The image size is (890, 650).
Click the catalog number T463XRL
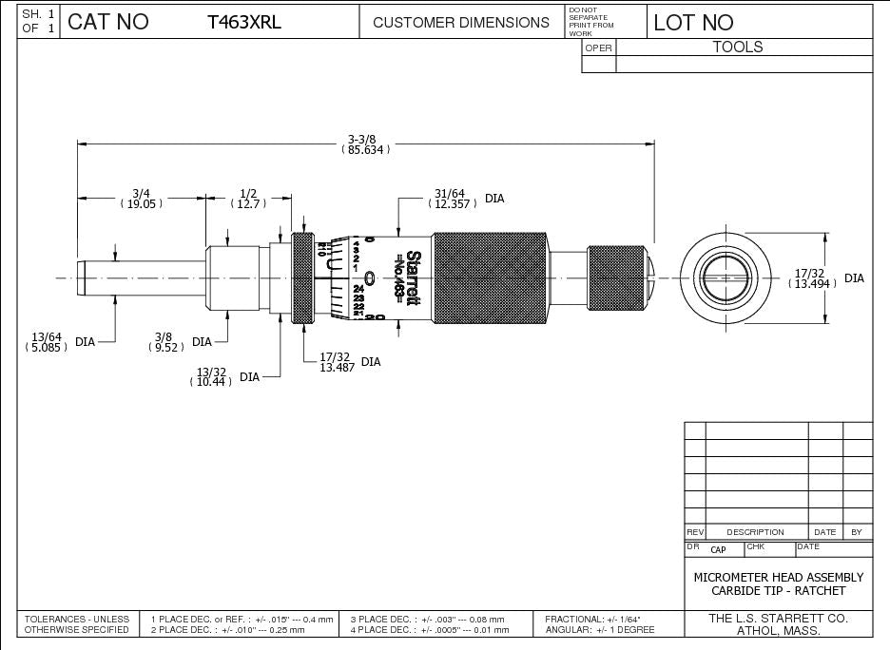click(x=244, y=23)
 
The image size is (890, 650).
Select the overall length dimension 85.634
click(x=366, y=150)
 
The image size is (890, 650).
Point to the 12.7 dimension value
click(x=248, y=204)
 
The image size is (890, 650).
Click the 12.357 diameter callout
click(x=454, y=204)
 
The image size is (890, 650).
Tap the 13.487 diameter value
click(x=337, y=368)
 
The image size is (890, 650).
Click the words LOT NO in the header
click(x=693, y=23)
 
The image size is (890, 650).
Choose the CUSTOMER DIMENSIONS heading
click(x=461, y=23)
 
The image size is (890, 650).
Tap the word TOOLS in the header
click(x=738, y=47)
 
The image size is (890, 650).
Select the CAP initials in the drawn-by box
click(x=718, y=549)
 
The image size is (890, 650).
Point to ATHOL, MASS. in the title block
click(x=779, y=630)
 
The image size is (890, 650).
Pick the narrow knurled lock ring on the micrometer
click(x=303, y=277)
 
